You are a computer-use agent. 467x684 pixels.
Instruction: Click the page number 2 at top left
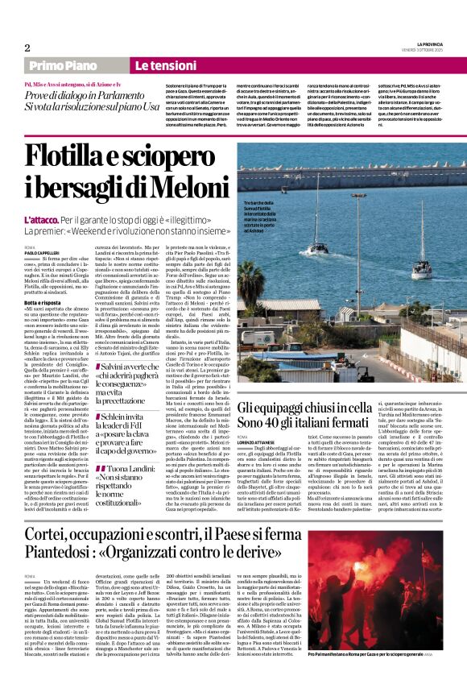coord(27,48)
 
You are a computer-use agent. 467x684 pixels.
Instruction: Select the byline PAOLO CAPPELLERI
coord(43,252)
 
